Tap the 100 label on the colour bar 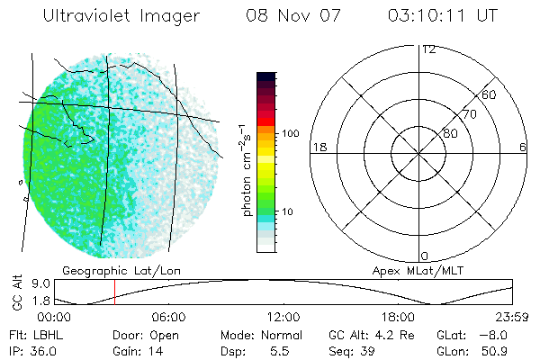coord(289,133)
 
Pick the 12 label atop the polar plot coord(428,49)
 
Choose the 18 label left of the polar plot coord(318,147)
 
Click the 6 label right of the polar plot coord(523,147)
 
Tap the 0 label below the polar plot coord(425,256)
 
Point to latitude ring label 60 coord(490,94)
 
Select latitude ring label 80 coord(450,133)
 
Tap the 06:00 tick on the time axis coord(168,317)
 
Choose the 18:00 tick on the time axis coord(399,317)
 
